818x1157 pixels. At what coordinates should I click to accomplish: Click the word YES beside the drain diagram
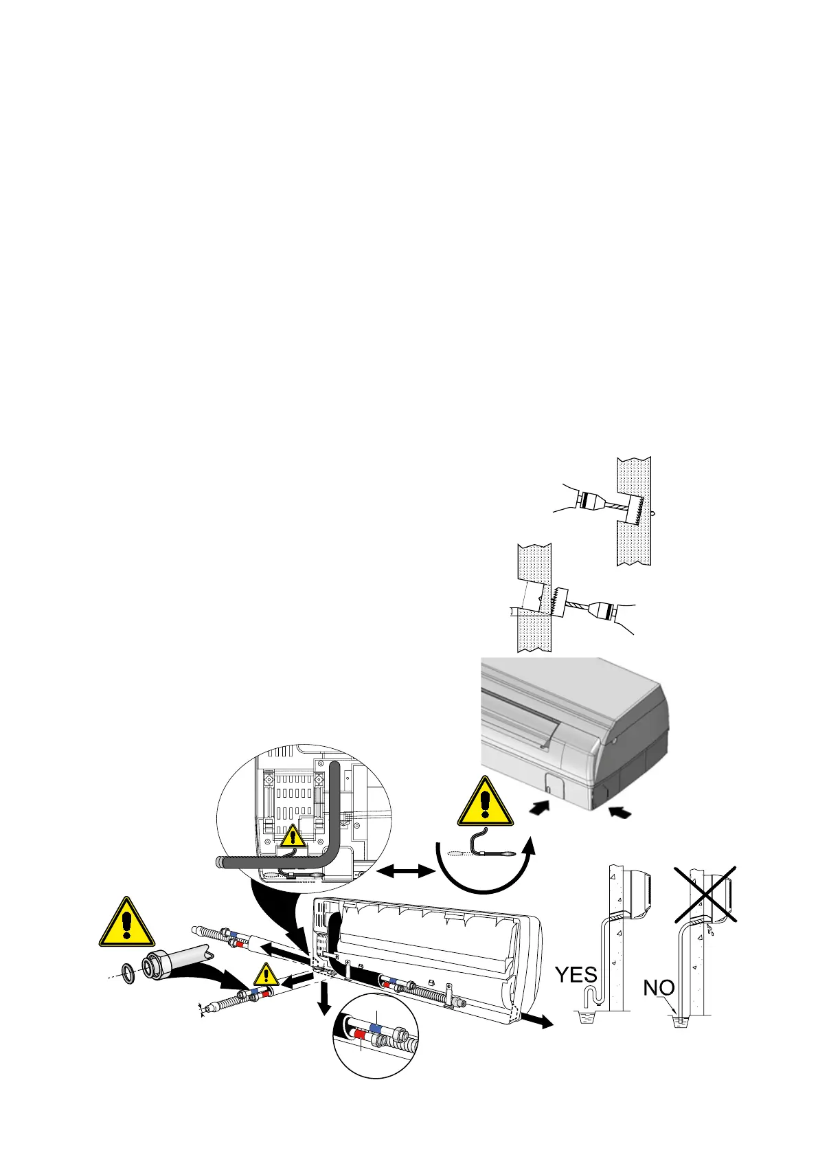[576, 974]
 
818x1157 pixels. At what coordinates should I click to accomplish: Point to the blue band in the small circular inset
[376, 1028]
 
